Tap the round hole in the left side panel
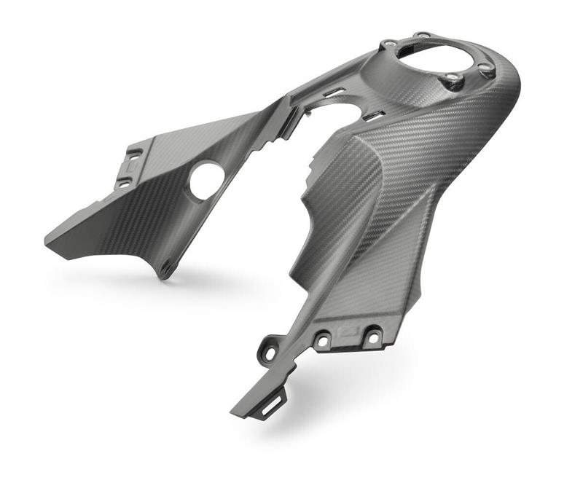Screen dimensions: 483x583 tap(207, 181)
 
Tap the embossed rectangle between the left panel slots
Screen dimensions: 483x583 tap(128, 169)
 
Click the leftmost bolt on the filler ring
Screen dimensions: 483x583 tap(391, 45)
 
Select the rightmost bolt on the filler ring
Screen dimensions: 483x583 tap(485, 68)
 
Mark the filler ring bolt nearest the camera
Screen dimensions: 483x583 tap(453, 78)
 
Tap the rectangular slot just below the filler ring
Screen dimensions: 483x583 tap(374, 115)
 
